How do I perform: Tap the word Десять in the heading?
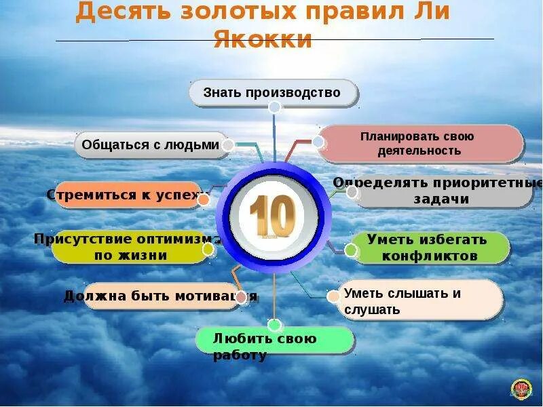119,13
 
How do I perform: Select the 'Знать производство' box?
272,93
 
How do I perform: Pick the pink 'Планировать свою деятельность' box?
419,144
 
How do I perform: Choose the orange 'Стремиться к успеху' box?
128,195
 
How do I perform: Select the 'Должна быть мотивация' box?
161,296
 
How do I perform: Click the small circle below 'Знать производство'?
274,107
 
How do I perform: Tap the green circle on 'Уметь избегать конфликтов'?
351,250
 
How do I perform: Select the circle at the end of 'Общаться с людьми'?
229,145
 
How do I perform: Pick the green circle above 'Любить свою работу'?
274,325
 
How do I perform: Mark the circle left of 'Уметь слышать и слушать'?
333,296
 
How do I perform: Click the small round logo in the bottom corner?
521,388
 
